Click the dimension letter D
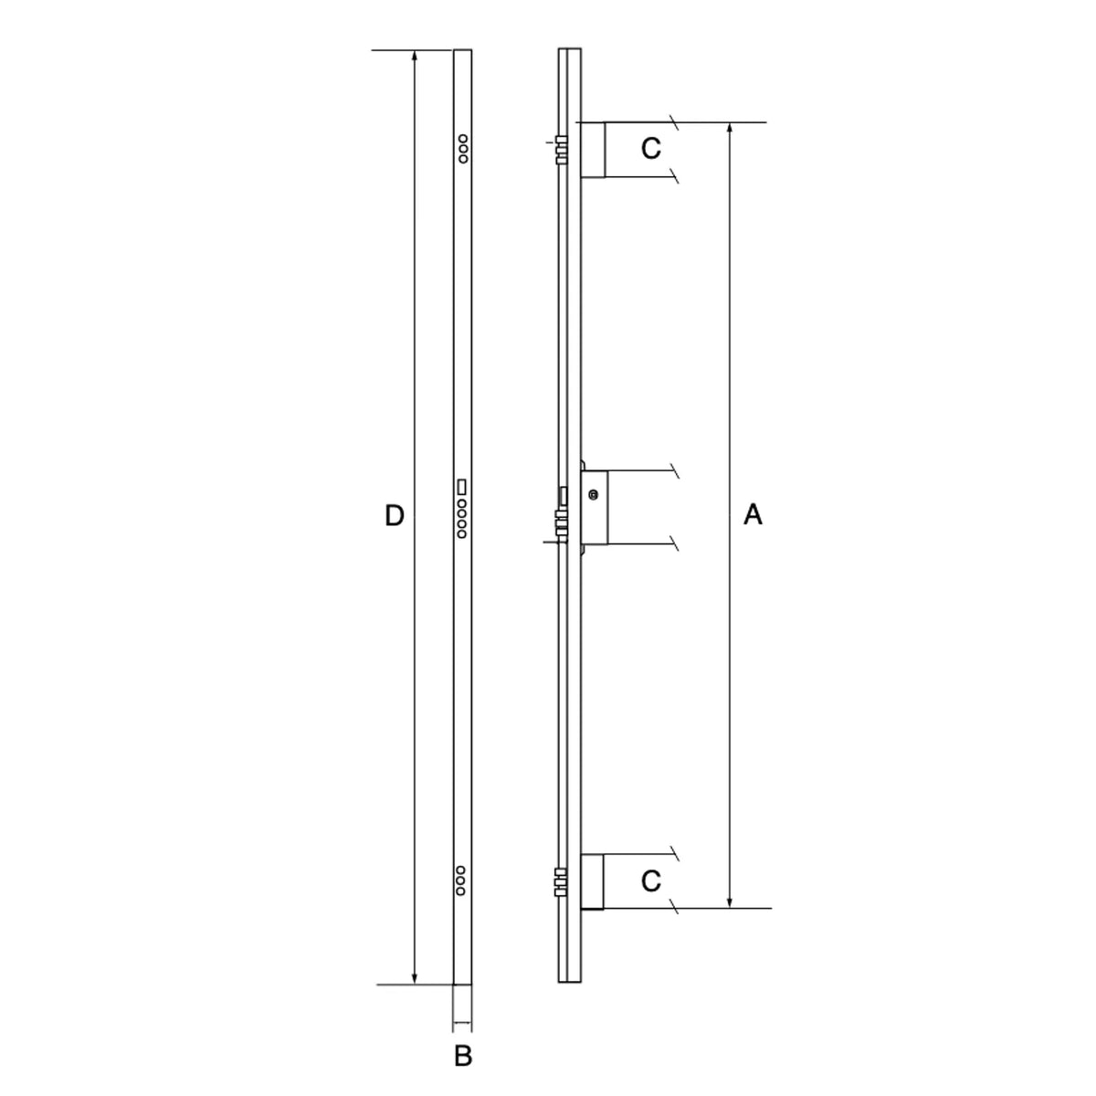[395, 515]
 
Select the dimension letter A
[753, 515]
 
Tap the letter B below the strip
[463, 1056]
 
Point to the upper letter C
[650, 149]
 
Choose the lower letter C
[650, 881]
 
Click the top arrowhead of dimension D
[415, 56]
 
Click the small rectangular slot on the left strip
[462, 488]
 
